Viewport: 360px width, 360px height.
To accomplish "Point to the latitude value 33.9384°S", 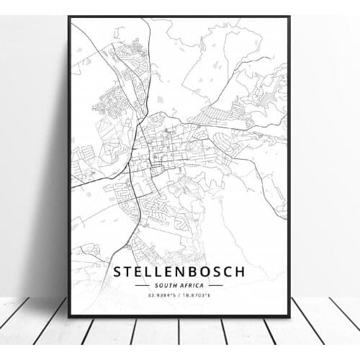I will (160, 295).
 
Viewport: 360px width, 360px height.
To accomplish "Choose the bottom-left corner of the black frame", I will (69, 316).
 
